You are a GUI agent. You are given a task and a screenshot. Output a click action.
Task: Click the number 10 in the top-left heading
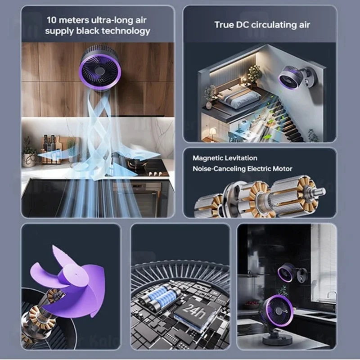coord(51,20)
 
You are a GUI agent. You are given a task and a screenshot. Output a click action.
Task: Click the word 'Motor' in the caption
coord(283,169)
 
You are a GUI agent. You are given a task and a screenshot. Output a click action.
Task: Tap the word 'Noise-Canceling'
coord(219,169)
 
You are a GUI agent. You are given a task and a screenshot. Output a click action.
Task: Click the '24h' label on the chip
coord(194,311)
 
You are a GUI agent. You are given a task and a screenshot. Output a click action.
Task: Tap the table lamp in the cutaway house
coord(213,132)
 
